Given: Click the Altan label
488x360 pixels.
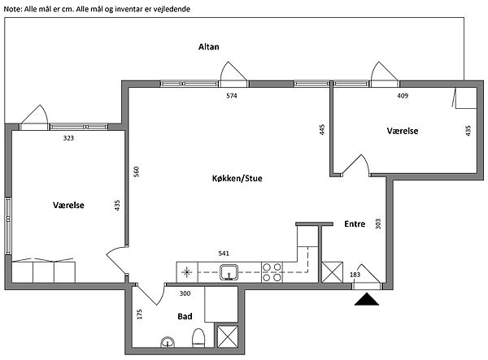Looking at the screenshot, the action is (x=209, y=47).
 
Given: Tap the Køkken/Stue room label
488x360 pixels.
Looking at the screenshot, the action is (x=237, y=179).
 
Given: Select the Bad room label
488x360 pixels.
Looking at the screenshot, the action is (x=185, y=316).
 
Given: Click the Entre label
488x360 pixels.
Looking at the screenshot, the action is (x=355, y=223).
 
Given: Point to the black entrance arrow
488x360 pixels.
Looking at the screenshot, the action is (x=367, y=299).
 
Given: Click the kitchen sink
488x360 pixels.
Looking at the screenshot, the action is (x=229, y=272).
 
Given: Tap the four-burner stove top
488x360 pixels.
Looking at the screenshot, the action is (x=272, y=272).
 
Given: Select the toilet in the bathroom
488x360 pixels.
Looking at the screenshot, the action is (x=198, y=338).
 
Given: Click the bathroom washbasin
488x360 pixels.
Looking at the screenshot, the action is (x=168, y=342).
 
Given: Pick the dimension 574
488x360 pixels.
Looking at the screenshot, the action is (x=232, y=96).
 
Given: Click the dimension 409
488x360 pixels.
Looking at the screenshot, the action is (x=403, y=96).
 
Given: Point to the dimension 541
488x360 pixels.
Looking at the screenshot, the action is (x=224, y=254).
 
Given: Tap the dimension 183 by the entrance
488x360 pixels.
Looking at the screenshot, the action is (x=355, y=275).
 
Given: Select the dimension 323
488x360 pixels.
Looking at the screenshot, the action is (x=68, y=138).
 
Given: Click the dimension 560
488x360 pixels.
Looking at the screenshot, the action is (x=137, y=171).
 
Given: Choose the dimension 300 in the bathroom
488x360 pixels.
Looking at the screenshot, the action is (x=185, y=293).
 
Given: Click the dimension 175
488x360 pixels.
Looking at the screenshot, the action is (x=140, y=314).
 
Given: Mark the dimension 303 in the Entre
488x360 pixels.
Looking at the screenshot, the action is (x=378, y=223).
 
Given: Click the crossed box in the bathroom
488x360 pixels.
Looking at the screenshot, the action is (x=228, y=336).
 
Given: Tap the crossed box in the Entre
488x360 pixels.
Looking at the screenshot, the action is (x=332, y=272).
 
